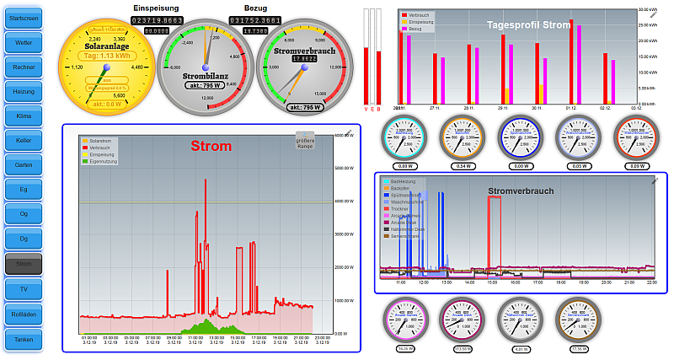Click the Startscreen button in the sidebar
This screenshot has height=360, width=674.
click(23, 18)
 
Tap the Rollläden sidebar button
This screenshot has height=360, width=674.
click(23, 314)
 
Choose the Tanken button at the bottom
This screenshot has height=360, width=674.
click(23, 339)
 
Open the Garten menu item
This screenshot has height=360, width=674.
click(23, 165)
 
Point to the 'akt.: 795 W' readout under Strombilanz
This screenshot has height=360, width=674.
click(206, 85)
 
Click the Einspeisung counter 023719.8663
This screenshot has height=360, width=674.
click(158, 19)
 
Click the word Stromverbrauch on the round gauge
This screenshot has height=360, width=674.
click(304, 51)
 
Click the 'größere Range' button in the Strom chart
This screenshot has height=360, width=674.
click(305, 143)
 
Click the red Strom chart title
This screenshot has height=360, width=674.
click(211, 147)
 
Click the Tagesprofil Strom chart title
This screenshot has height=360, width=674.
click(528, 25)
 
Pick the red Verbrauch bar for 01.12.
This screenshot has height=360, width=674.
click(571, 62)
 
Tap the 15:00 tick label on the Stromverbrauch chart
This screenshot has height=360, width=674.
click(492, 282)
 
